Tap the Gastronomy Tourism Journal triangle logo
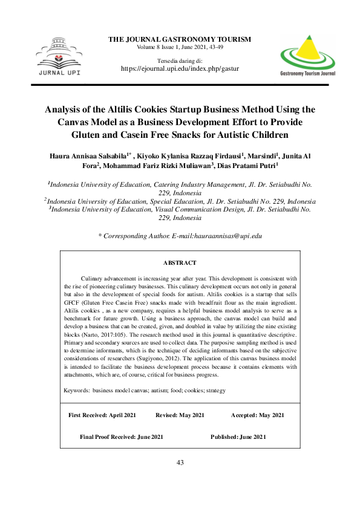coord(307,53)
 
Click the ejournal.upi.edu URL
coord(180,69)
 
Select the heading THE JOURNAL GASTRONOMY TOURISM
coord(179,39)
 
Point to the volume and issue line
coord(179,47)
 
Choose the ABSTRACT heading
coord(180,263)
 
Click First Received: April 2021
coord(102,415)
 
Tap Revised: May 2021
coord(180,415)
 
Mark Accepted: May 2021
coord(257,415)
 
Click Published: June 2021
coord(238,436)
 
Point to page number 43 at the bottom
coord(180,462)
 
